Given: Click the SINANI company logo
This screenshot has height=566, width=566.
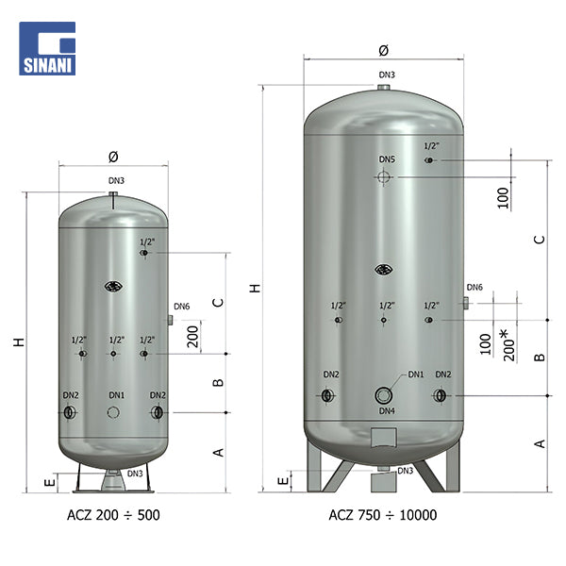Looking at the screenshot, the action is tap(47, 48).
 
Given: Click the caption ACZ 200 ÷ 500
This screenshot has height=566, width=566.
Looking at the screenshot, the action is tap(113, 515).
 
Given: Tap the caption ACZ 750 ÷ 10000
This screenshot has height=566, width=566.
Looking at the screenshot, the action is tap(383, 515).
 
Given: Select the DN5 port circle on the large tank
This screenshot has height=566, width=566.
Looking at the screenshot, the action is tap(383, 177).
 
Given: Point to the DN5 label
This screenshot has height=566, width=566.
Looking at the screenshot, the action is tap(387, 159).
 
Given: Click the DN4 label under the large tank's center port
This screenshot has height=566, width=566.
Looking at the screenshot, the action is tap(387, 410).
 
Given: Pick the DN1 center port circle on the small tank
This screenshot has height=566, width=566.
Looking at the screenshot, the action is tap(113, 412).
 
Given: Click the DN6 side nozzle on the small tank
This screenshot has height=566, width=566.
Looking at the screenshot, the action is tap(170, 320).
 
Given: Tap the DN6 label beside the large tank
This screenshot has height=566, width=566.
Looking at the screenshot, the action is tap(474, 288).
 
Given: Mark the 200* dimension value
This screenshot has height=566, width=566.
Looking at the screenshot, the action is tap(509, 345).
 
